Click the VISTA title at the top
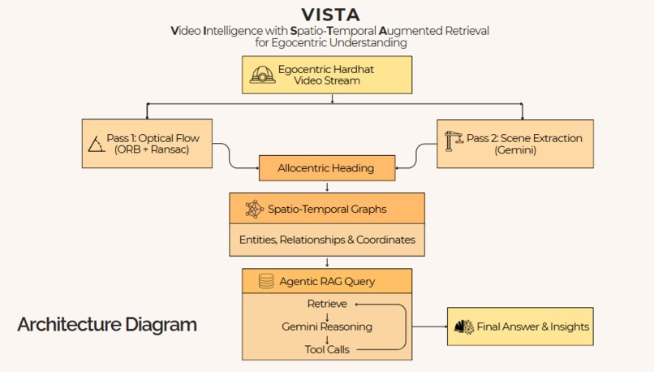330,15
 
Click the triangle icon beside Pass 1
96,145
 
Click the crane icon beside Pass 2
454,144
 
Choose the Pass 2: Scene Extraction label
524,138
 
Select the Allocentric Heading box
325,168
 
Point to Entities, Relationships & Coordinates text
327,240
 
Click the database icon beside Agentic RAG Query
265,282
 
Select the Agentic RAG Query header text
327,282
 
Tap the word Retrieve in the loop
327,304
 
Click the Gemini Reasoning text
327,327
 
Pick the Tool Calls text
327,349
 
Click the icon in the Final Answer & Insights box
463,327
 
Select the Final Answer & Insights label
533,327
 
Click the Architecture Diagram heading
107,325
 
